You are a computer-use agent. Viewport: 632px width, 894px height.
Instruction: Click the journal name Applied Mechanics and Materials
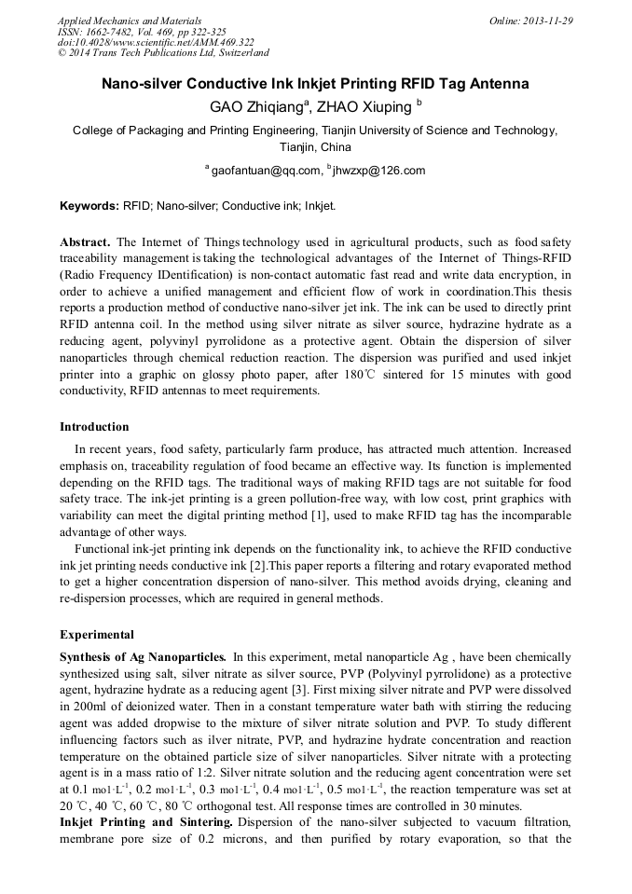[130, 20]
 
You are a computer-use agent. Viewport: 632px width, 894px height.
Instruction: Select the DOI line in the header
[156, 42]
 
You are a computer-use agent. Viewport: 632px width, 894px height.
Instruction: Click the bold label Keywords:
[89, 205]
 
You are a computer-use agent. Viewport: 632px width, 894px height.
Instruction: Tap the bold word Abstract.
[86, 241]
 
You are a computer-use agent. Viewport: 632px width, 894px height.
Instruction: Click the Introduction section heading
[94, 427]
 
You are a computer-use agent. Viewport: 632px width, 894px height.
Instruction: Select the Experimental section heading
[96, 635]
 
